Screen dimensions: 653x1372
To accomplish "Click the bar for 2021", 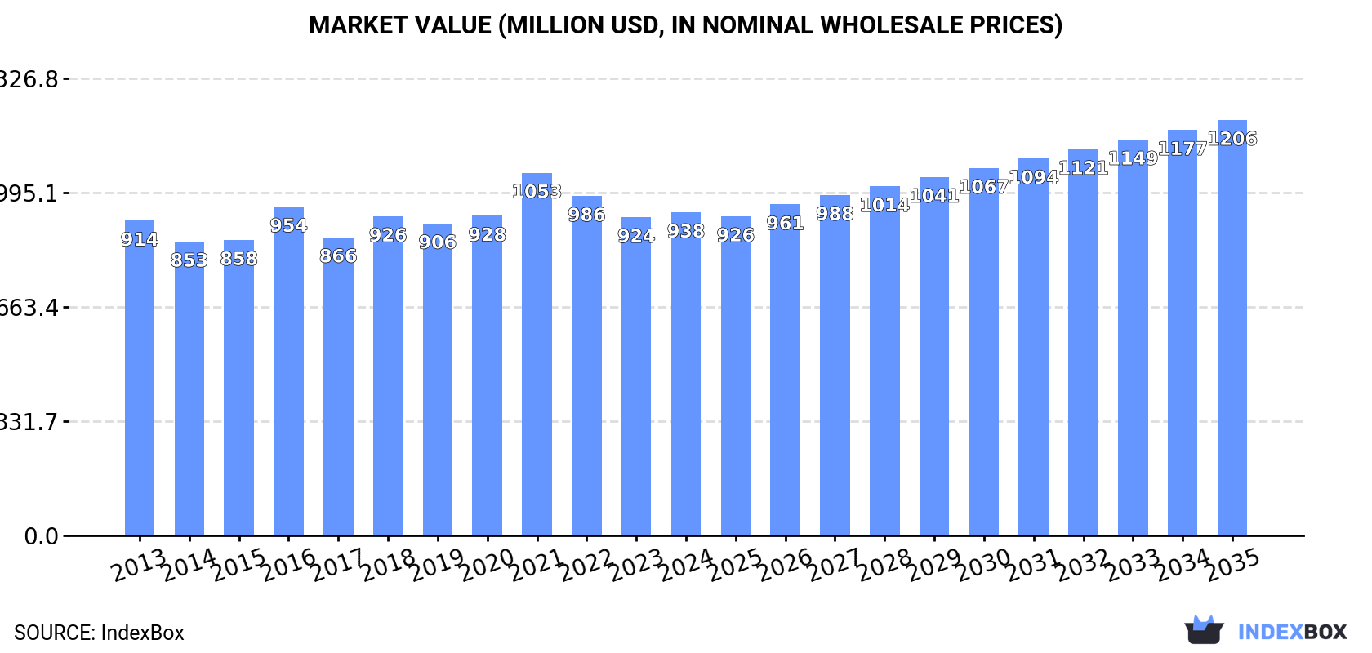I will [537, 359].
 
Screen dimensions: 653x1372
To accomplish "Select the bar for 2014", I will [189, 392].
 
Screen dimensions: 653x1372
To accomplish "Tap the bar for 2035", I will [1232, 335].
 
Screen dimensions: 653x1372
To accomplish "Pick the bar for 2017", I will [338, 392].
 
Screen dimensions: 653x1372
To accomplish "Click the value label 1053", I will [537, 192].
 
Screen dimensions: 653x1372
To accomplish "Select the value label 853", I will [189, 260].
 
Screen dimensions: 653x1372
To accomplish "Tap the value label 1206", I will [1232, 139].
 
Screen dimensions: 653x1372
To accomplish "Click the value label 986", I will [586, 215].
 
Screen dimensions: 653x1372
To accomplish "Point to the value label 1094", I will [1033, 177].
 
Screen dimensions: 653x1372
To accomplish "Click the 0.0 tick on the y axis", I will [41, 536].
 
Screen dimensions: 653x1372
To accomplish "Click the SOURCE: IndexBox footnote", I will [99, 633].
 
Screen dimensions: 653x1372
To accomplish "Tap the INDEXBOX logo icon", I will [1204, 630].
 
